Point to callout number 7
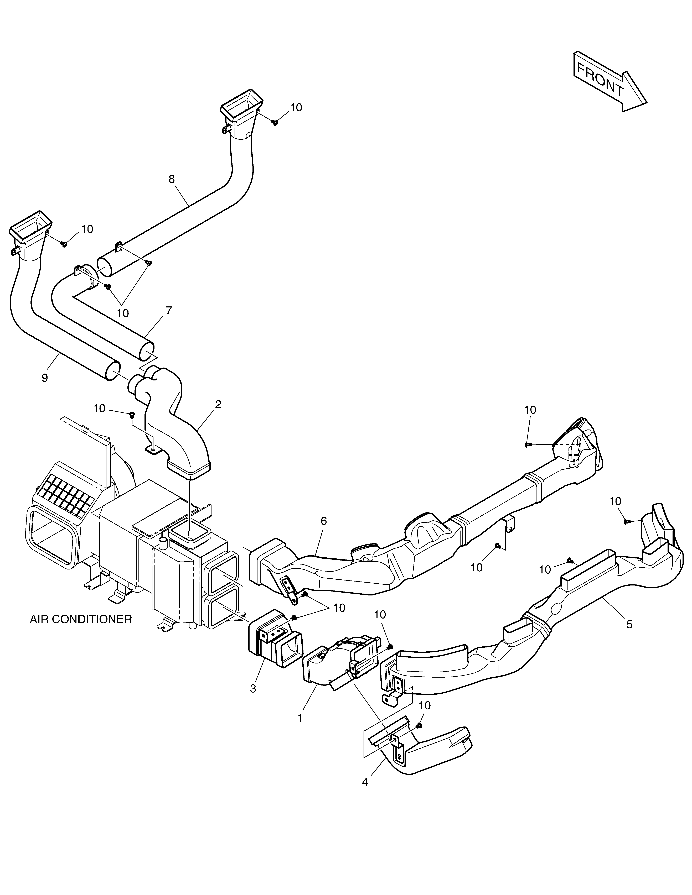coord(168,310)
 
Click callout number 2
coord(218,405)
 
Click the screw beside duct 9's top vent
coord(64,244)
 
